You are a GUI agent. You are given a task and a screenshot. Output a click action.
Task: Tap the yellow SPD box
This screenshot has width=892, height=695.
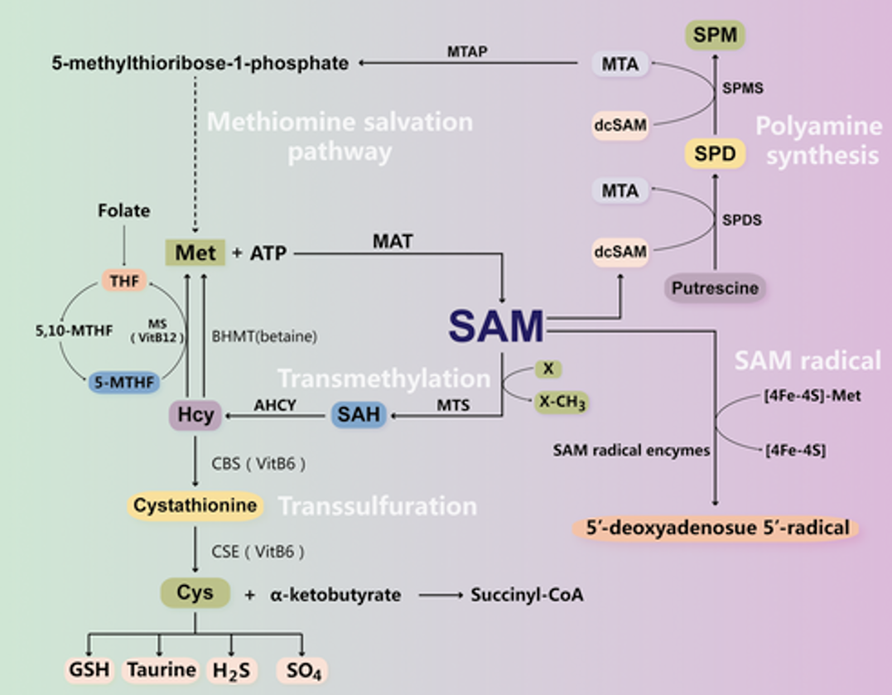tap(715, 153)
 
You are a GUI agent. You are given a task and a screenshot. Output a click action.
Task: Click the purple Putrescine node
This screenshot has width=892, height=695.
tap(715, 288)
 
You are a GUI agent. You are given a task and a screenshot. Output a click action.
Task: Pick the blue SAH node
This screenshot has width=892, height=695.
tap(359, 414)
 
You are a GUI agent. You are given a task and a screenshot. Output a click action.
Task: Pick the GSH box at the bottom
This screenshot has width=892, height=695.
tap(89, 669)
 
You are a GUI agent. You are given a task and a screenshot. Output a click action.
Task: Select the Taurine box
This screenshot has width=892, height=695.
tap(161, 669)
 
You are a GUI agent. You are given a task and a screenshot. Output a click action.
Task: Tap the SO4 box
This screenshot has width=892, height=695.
tap(302, 669)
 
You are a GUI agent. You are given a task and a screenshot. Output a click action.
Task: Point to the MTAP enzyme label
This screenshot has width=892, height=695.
tap(468, 51)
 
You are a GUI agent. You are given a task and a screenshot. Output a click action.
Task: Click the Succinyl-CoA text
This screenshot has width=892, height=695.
tap(527, 595)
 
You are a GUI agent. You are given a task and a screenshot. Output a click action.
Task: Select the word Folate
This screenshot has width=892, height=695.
tap(123, 210)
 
